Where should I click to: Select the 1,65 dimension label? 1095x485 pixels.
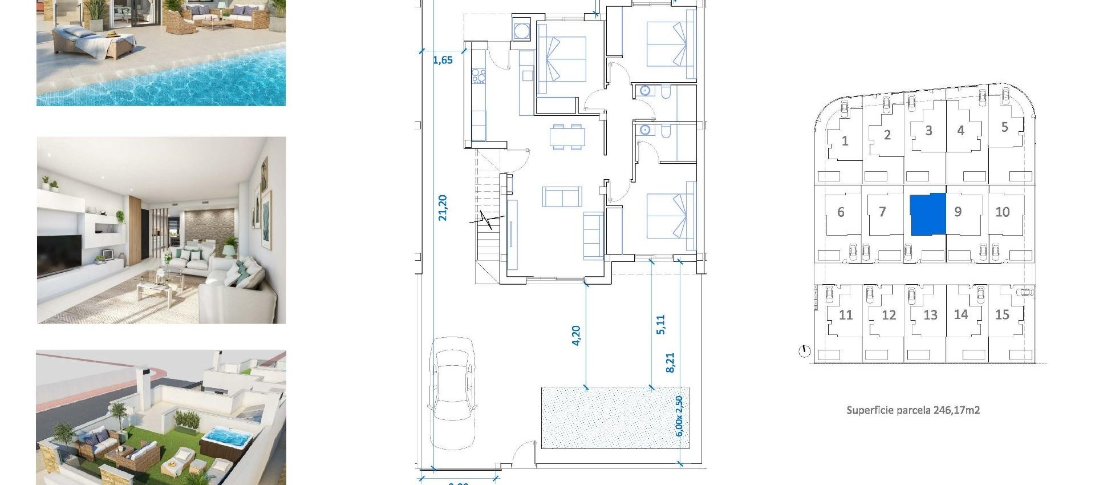click(443, 60)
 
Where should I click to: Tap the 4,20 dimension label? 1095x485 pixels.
click(576, 336)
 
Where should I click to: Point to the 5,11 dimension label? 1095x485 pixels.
click(660, 324)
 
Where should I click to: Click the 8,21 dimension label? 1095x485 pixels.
click(670, 362)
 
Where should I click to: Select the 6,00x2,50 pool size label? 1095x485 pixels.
click(679, 416)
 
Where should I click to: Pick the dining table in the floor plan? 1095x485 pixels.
click(567, 136)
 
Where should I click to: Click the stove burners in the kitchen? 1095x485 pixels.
click(478, 76)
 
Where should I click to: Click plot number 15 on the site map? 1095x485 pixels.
click(1002, 315)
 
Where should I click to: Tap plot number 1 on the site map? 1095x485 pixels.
click(845, 141)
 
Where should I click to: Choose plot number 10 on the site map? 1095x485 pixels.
click(1002, 212)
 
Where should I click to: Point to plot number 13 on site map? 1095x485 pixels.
click(930, 315)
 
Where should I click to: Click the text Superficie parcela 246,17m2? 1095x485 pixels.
click(912, 410)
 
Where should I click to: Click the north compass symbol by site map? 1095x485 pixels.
click(804, 351)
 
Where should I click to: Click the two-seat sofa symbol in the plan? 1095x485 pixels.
click(562, 196)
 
